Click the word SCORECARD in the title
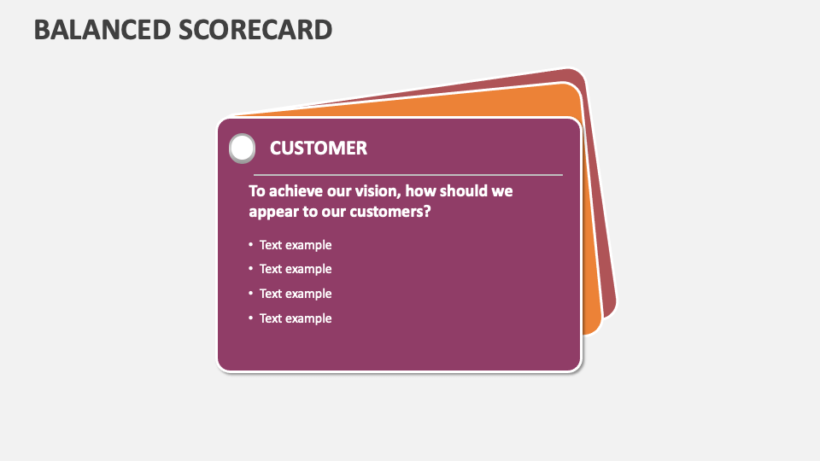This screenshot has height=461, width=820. [x=256, y=29]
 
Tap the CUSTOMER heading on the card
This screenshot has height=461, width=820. [x=319, y=148]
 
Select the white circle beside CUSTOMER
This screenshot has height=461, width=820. [x=243, y=148]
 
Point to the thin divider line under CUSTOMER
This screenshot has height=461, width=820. [x=408, y=174]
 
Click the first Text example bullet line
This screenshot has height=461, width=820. [x=296, y=245]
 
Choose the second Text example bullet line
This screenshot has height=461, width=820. [x=296, y=269]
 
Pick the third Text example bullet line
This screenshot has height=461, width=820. [x=296, y=294]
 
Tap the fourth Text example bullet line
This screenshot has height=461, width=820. [x=296, y=318]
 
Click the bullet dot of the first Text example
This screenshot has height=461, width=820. [x=251, y=244]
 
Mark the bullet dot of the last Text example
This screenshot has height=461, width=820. [x=251, y=318]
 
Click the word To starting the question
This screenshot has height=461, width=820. [x=257, y=190]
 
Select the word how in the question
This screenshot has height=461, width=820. [x=425, y=190]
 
